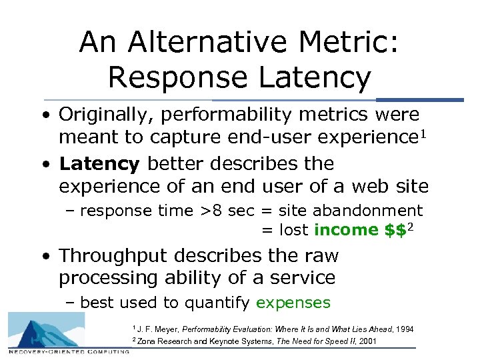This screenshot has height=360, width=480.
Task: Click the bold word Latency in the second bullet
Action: pos(99,163)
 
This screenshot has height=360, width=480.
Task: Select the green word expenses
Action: pos(293,303)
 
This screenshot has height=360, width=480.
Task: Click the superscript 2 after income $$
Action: pos(411,227)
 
